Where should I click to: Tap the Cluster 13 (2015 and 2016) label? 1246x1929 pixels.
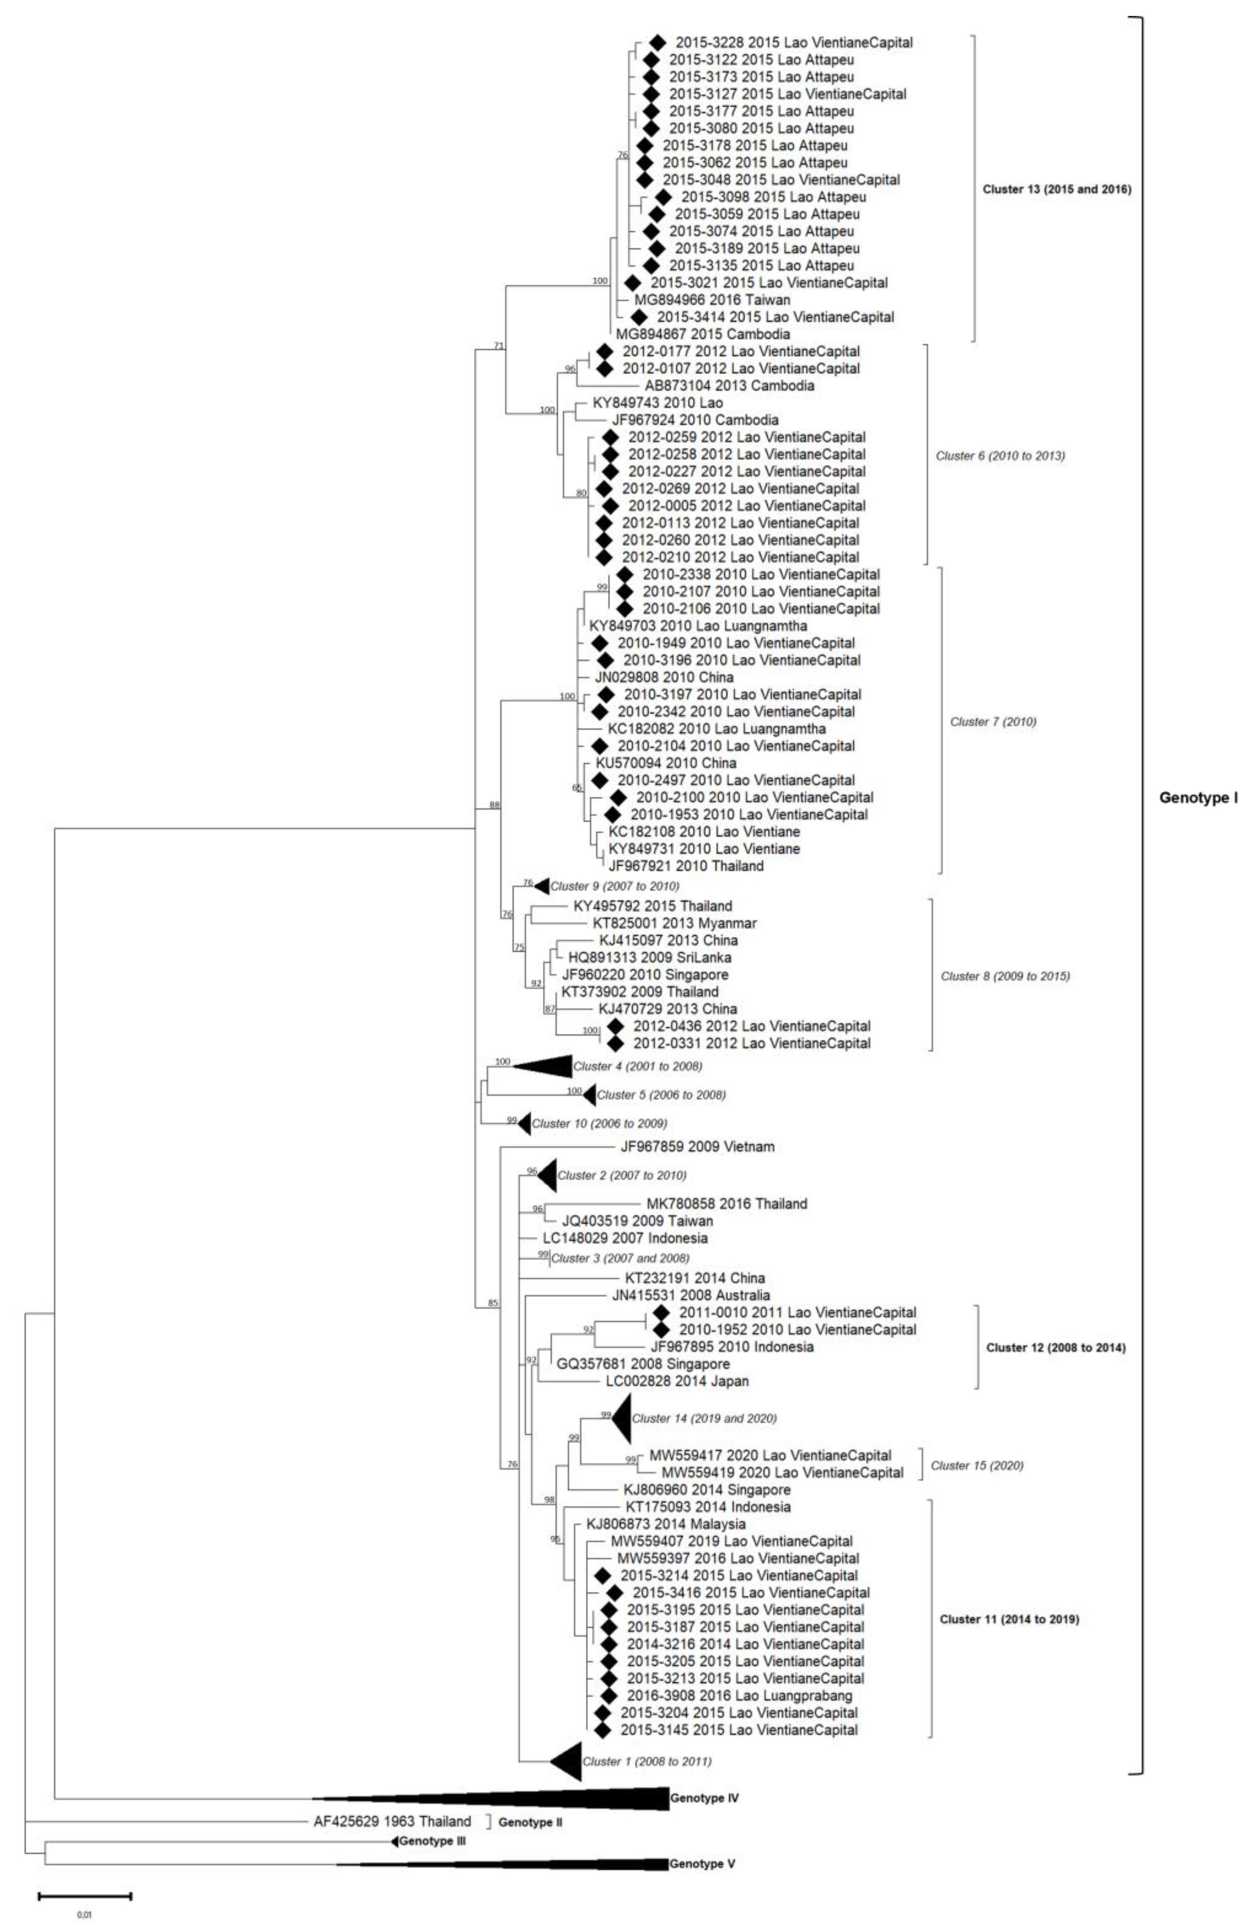(1057, 190)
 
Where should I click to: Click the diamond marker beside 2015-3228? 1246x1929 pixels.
(658, 42)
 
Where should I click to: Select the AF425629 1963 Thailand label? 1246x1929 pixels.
(391, 1821)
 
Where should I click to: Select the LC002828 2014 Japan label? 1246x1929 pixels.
(676, 1381)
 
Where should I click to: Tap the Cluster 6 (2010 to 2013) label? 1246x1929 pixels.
(1000, 456)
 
